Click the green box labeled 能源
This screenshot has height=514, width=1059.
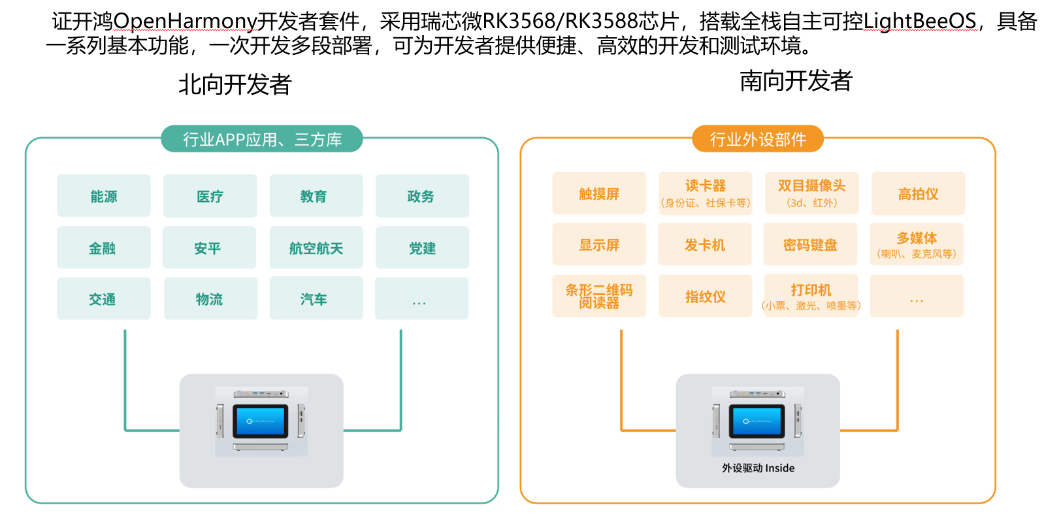coord(103,196)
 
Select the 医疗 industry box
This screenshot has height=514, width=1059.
coord(210,196)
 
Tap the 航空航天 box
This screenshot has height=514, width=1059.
coord(316,248)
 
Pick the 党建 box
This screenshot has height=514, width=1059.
coord(422,248)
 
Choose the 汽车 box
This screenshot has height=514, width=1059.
coord(316,298)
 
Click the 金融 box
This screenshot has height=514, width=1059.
coord(103,248)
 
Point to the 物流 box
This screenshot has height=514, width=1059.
coord(210,298)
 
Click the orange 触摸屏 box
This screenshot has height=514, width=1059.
coord(598,193)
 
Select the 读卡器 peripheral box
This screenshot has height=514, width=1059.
coord(705,193)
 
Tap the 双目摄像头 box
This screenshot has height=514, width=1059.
coord(811,193)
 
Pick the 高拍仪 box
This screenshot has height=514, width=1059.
coord(918,193)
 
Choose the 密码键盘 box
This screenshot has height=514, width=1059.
coord(810,244)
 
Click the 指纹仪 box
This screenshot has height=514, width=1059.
coord(705,296)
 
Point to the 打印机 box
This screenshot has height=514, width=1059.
coord(811,296)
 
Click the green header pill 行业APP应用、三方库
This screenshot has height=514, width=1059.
coord(261,139)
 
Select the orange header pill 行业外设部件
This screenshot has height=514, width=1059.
coord(758,139)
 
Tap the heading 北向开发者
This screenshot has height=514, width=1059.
coord(235,84)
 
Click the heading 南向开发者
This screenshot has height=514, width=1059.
coord(796,81)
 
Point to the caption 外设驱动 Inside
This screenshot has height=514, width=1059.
coord(758,468)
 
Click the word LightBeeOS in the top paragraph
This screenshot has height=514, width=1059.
coord(919,22)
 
